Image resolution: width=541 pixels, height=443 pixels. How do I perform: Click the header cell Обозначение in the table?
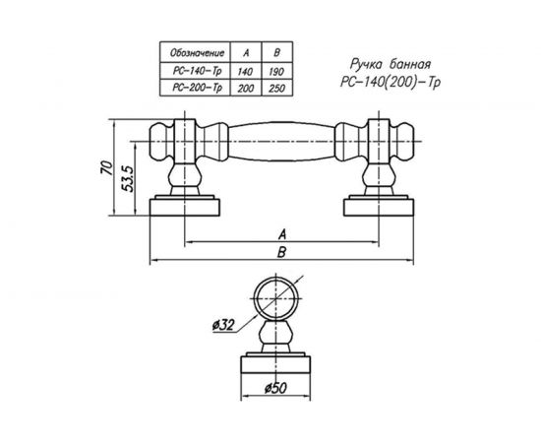pos(197,53)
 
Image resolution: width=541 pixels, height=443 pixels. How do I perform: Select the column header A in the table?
pos(246,53)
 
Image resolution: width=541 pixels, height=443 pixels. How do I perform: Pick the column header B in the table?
pos(276,53)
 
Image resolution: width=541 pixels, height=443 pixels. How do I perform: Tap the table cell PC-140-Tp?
pos(197,71)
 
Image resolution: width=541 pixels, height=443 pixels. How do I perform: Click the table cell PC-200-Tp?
pos(197,88)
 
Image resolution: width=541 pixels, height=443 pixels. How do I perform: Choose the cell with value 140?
pos(245,71)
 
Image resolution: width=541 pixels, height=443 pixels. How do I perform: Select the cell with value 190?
pos(276,71)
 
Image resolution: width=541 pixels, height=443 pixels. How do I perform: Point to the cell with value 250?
pos(276,88)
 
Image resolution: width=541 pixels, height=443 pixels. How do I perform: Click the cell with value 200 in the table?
pos(246,88)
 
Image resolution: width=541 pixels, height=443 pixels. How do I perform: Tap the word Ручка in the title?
pos(367,64)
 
